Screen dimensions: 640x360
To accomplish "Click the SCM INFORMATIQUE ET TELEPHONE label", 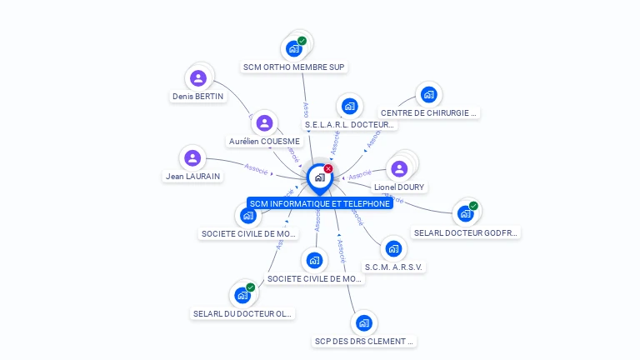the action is click(x=320, y=203).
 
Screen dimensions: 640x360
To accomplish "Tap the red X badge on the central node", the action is click(x=328, y=169).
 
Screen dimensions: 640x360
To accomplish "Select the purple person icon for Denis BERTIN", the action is click(x=197, y=78).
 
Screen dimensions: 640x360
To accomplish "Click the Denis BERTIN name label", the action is click(x=197, y=96).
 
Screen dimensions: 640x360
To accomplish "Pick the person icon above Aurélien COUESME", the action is click(x=265, y=123).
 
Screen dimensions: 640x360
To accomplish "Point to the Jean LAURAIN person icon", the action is click(x=192, y=157).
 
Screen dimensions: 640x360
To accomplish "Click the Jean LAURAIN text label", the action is click(x=192, y=176).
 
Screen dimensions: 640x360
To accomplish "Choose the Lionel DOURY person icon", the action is click(x=399, y=169).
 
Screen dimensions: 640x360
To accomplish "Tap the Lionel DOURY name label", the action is click(x=399, y=187).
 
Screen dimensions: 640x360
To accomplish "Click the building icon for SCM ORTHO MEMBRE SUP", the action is click(x=293, y=49).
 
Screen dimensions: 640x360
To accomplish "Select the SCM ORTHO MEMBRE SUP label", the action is click(x=293, y=67).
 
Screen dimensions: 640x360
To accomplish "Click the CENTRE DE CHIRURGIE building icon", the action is click(x=428, y=94).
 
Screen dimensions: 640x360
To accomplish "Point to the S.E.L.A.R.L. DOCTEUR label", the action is click(x=349, y=125).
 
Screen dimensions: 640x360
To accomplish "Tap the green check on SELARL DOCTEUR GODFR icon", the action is click(x=473, y=206).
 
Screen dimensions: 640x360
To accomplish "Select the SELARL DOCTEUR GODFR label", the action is click(x=467, y=233).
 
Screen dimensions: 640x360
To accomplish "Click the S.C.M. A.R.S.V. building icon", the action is click(x=393, y=249).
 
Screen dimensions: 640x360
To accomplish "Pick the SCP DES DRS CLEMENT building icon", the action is click(x=363, y=322).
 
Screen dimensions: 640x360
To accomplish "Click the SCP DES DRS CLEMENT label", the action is click(x=363, y=341).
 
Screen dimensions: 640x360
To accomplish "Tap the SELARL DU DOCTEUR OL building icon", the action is click(x=242, y=295).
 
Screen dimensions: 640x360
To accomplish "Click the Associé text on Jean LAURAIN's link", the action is click(x=256, y=168).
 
